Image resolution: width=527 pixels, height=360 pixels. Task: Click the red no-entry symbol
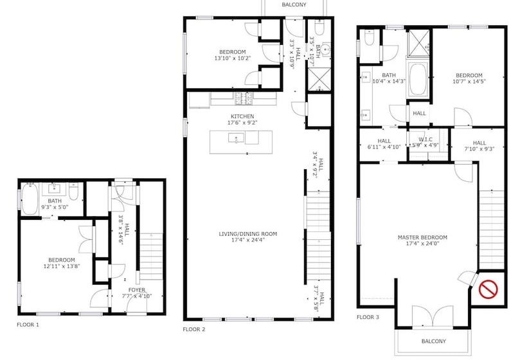coord(489,289)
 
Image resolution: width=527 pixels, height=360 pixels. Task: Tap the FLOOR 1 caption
coord(28,325)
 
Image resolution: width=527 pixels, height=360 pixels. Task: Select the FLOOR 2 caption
coord(193,328)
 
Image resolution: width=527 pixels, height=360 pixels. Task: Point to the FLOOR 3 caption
coord(368,317)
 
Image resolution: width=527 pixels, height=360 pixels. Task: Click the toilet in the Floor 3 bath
coord(369,40)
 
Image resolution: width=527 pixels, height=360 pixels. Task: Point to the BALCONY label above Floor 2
coord(294,5)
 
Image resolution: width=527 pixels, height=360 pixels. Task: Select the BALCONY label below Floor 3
coord(433,341)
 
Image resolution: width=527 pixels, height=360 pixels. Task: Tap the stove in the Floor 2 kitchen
coord(244,98)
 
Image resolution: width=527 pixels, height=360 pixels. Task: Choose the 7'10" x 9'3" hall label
coord(479,147)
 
